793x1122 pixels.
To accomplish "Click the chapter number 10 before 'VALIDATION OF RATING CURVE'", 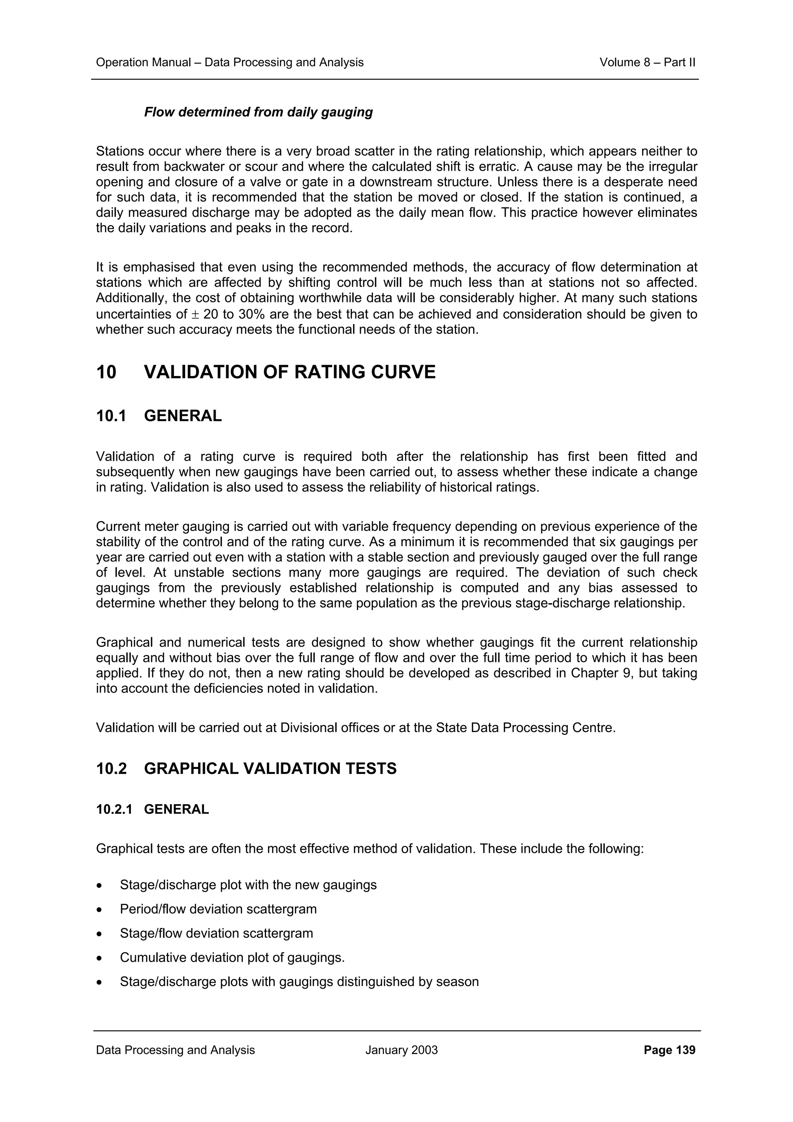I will click(106, 372).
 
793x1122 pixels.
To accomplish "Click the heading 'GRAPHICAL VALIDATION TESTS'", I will click(270, 769).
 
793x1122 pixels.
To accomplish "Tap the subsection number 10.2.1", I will click(114, 809).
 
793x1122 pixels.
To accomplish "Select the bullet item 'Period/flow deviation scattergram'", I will click(218, 909).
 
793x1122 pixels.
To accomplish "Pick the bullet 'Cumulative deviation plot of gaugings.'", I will click(232, 957).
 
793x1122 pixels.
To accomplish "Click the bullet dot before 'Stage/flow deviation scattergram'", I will click(100, 934).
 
